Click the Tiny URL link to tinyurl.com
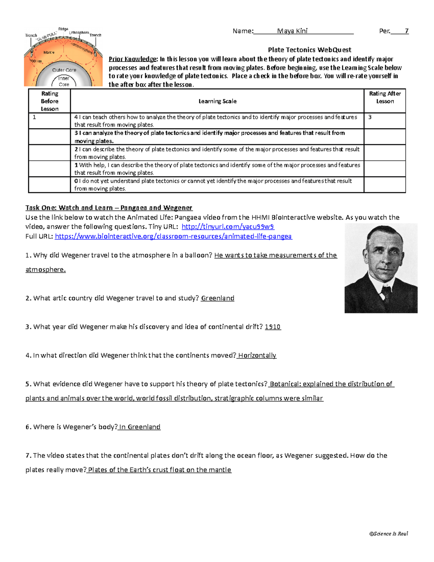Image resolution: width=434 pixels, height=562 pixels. (228, 227)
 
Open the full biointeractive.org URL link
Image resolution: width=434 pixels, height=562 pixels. (173, 236)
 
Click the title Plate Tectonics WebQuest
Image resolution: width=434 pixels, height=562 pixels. (309, 50)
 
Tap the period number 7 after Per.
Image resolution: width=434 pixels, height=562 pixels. (407, 31)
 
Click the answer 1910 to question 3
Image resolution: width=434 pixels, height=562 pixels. (273, 327)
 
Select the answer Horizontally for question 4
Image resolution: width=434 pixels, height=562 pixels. (257, 355)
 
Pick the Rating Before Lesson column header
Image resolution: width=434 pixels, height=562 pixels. (50, 101)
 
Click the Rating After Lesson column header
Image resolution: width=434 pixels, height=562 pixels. (385, 97)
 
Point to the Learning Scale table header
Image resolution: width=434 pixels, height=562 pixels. (217, 101)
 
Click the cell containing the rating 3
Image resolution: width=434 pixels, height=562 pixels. (384, 121)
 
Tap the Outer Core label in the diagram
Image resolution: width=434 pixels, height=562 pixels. (64, 70)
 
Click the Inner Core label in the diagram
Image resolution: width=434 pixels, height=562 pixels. (64, 81)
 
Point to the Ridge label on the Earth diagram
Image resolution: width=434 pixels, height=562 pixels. (63, 29)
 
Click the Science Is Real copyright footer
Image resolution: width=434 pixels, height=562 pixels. (388, 533)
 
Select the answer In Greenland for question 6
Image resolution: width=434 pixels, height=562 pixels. (140, 427)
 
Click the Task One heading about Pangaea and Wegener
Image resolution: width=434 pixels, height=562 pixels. (109, 208)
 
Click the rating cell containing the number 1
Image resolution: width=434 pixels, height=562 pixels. (49, 121)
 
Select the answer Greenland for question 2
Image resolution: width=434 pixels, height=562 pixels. (218, 298)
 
